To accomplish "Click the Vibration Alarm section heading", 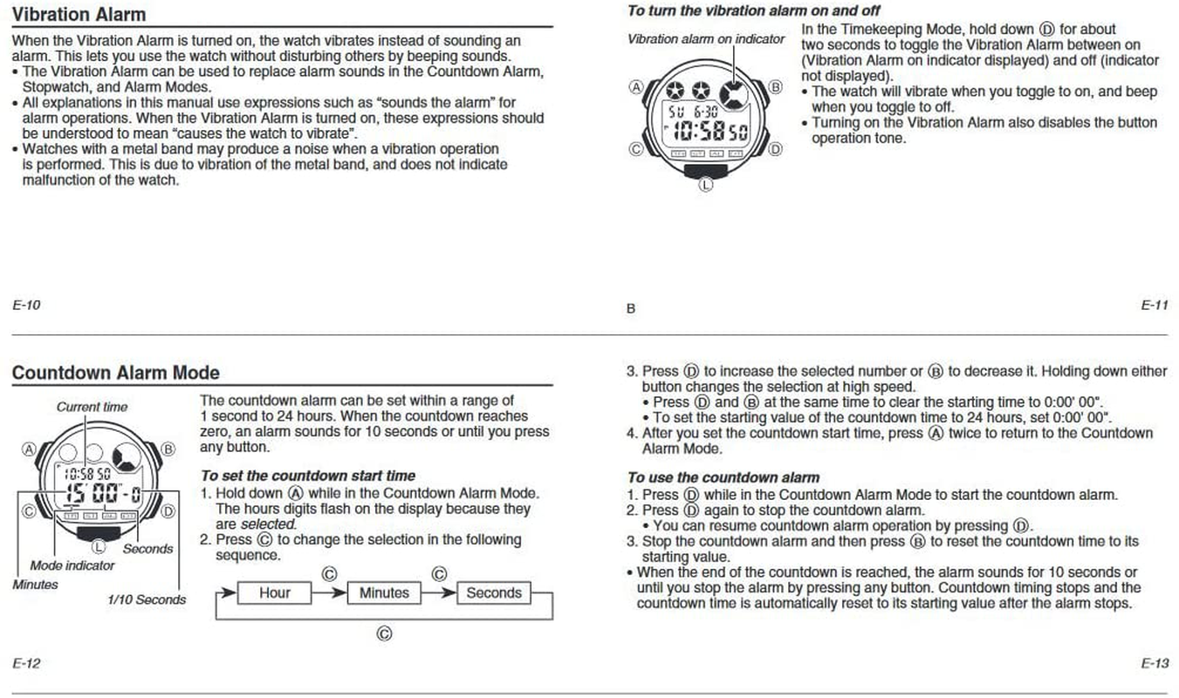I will pyautogui.click(x=79, y=14).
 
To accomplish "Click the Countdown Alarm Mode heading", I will pyautogui.click(x=115, y=373).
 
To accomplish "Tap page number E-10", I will pyautogui.click(x=26, y=305).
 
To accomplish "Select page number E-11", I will pyautogui.click(x=1154, y=305).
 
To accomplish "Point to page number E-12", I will pyautogui.click(x=26, y=663).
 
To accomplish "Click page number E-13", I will pyautogui.click(x=1154, y=663).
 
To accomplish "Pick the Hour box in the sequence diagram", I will pyautogui.click(x=275, y=593).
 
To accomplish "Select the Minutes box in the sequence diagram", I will pyautogui.click(x=384, y=593).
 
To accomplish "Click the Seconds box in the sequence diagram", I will pyautogui.click(x=494, y=593).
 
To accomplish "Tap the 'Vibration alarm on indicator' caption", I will pyautogui.click(x=706, y=39).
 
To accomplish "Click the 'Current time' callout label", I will pyautogui.click(x=92, y=407).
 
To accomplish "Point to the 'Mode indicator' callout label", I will pyautogui.click(x=72, y=565).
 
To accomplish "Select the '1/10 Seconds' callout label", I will pyautogui.click(x=147, y=599).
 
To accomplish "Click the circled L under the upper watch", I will pyautogui.click(x=706, y=184).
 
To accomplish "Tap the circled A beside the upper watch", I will pyautogui.click(x=635, y=86).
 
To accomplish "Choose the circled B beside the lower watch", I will pyautogui.click(x=168, y=449).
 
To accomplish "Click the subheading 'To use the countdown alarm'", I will pyautogui.click(x=723, y=477).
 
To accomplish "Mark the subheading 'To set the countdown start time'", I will pyautogui.click(x=308, y=476).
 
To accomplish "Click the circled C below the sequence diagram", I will pyautogui.click(x=383, y=633).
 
